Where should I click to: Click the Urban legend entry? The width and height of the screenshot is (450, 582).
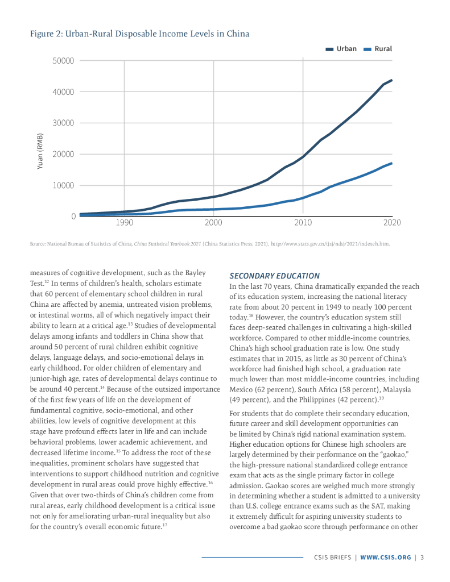tap(342, 49)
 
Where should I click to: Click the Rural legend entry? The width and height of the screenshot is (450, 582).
tap(378, 49)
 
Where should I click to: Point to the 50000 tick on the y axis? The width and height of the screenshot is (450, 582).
tap(64, 61)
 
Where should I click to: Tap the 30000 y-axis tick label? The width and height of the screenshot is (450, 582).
tap(64, 123)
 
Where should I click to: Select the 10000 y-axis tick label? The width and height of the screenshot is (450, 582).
tap(64, 185)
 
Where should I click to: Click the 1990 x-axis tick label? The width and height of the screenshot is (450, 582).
tap(124, 223)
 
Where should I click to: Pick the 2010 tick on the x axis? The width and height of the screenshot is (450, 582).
tap(303, 223)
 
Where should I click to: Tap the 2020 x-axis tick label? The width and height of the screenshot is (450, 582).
tap(391, 223)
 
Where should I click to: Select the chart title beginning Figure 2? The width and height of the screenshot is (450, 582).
tap(139, 34)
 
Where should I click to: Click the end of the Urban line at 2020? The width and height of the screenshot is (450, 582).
tap(391, 80)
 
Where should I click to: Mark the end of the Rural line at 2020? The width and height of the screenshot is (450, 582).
tap(391, 163)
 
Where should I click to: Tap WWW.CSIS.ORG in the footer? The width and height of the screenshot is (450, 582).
tap(385, 557)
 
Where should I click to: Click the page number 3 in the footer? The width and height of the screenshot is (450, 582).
tap(422, 557)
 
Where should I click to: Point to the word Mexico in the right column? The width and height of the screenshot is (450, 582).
tap(241, 391)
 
